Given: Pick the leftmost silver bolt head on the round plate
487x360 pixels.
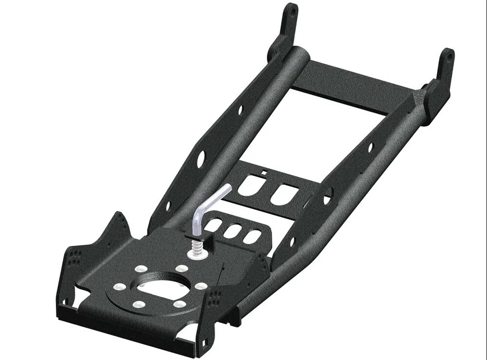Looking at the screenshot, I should (120, 287).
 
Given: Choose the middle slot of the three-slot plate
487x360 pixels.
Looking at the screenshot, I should (233, 231).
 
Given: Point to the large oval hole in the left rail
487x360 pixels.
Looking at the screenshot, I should (201, 158).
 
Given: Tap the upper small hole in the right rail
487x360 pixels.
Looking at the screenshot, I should (370, 148).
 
